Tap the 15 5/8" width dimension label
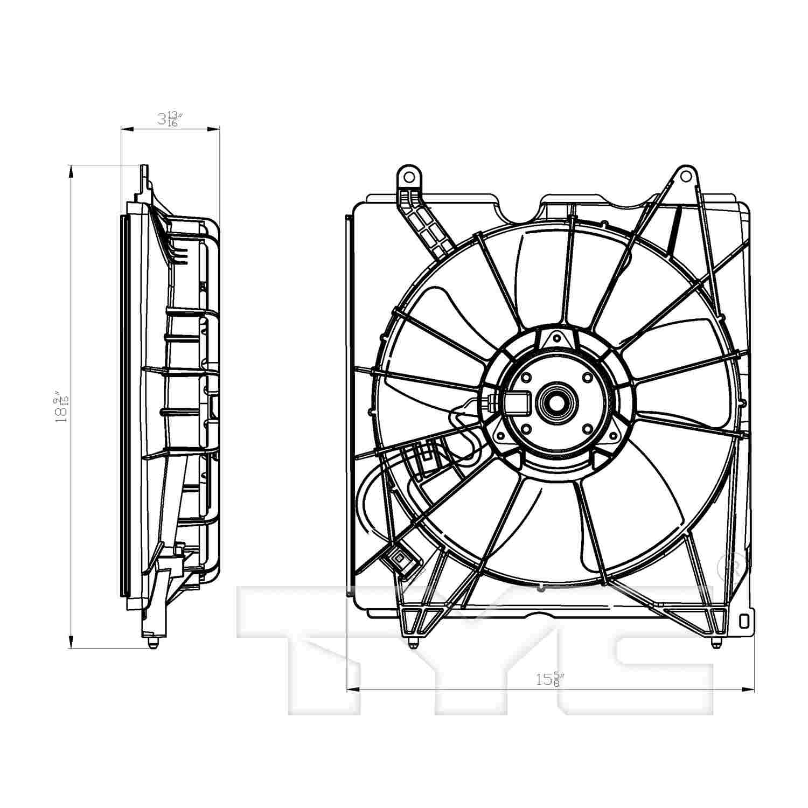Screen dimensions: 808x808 pos(549,679)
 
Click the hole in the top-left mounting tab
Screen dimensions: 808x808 pos(409,177)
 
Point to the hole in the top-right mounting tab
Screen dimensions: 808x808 pos(685,176)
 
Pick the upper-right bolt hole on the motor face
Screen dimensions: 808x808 pos(587,378)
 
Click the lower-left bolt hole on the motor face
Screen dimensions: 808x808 pos(526,429)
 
